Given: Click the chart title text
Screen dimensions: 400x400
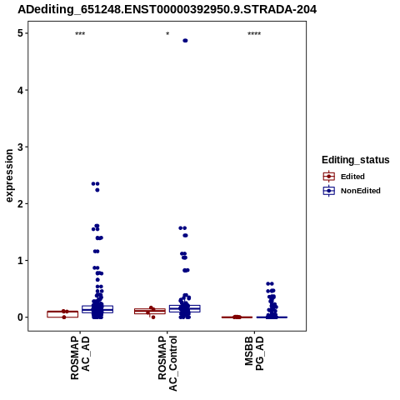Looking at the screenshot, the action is point(167,9).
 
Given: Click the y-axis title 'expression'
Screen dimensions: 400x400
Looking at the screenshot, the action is point(9,176).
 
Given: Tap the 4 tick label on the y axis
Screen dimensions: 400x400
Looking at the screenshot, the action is point(20,90).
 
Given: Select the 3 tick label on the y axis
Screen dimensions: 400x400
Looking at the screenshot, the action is point(20,147).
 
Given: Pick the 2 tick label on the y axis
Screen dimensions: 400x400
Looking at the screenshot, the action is point(20,204).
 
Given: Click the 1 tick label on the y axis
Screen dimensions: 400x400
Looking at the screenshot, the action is point(20,261).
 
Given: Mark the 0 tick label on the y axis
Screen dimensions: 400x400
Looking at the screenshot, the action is point(20,317).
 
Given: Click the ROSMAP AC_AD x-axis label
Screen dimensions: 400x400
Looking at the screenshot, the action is point(80,357).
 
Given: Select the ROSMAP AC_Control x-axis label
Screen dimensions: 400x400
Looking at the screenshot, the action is point(167,363).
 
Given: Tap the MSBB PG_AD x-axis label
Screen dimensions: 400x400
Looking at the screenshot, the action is point(254,353).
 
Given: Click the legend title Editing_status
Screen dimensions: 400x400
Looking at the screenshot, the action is point(355,160).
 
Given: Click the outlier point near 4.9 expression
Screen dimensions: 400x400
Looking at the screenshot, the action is point(185,41).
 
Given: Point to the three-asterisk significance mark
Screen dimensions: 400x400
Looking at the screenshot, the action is point(80,34).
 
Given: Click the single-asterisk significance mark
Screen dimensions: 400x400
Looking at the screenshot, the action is point(167,34).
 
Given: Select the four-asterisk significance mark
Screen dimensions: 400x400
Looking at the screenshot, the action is point(254,34).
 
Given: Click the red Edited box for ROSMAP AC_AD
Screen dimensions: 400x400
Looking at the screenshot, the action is point(62,314).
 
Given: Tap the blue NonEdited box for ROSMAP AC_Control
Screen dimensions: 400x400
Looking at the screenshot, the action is point(185,308).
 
